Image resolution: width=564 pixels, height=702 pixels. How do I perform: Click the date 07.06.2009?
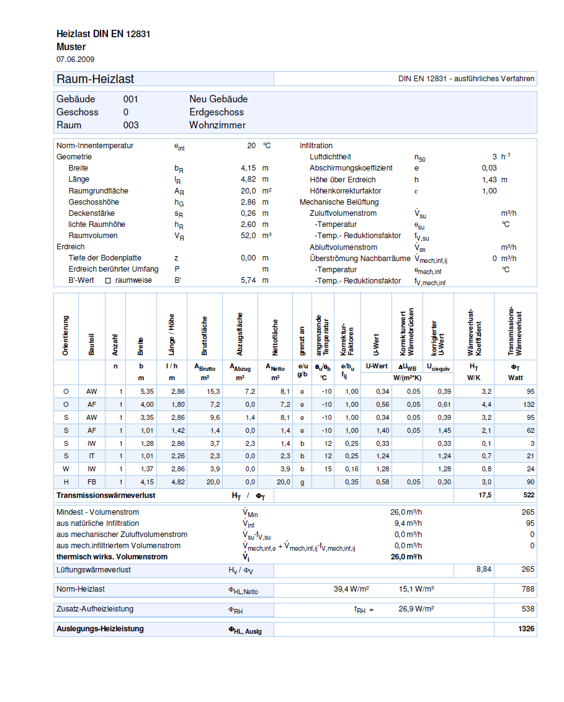click(75, 59)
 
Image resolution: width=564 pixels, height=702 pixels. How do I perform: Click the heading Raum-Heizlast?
click(95, 79)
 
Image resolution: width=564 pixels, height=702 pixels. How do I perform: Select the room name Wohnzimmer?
click(217, 125)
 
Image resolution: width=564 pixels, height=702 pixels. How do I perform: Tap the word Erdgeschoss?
click(217, 112)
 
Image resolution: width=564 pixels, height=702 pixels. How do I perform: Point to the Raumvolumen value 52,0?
click(248, 236)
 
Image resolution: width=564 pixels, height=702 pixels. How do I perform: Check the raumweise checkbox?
click(107, 281)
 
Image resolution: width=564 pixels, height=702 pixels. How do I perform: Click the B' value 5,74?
click(248, 280)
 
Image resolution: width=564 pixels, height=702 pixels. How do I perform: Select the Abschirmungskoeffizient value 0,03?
click(489, 168)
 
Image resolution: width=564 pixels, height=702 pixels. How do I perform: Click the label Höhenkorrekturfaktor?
click(345, 191)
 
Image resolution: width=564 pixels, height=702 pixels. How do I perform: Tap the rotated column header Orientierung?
click(66, 335)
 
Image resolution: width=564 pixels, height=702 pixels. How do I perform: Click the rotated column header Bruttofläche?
click(205, 335)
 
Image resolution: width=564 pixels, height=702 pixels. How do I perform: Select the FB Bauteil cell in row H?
click(92, 482)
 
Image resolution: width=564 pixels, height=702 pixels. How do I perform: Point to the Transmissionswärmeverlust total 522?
click(527, 495)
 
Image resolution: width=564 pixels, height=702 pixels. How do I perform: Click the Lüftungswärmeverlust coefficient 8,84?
click(484, 569)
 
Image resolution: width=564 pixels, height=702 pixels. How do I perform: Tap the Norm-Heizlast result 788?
click(527, 589)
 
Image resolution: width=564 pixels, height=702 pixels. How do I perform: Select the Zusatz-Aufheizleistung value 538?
click(527, 609)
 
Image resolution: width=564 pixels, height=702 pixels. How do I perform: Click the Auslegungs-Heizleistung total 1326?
click(526, 629)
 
